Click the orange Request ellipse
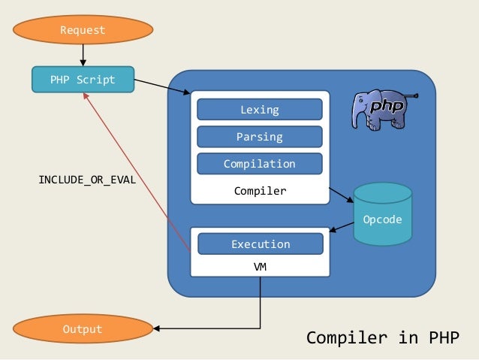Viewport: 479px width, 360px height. coord(83,29)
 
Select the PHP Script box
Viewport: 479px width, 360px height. coord(83,80)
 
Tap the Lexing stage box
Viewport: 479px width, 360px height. coord(260,110)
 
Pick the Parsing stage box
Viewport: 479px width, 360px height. coord(260,137)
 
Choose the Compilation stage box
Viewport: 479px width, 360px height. coord(260,164)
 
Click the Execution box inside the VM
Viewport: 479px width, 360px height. coord(261,244)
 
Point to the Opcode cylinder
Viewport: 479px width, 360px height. coord(383,214)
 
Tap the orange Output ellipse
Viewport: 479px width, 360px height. coord(83,328)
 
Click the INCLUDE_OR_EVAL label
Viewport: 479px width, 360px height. coord(87,180)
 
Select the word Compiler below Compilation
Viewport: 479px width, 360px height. coord(261,191)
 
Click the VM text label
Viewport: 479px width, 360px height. coord(261,267)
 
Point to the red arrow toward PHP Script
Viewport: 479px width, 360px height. coord(137,173)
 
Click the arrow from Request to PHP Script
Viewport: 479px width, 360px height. coord(83,56)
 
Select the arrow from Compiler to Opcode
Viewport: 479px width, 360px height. coord(341,195)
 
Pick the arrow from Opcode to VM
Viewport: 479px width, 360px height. coord(342,227)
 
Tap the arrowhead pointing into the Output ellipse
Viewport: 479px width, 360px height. coord(156,328)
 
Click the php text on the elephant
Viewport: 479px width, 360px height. coord(387,106)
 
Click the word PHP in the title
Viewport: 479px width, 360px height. coord(444,337)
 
